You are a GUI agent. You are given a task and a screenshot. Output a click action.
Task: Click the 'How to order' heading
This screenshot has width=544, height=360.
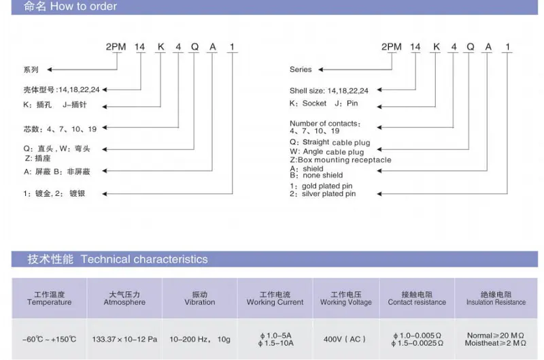pos(83,6)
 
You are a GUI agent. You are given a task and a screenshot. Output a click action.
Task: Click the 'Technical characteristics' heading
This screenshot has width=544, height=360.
pos(144,259)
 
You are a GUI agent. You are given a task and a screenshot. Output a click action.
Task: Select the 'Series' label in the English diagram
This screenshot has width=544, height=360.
pos(301,69)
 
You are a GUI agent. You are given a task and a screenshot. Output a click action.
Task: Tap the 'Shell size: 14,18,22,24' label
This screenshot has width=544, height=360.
pos(329,91)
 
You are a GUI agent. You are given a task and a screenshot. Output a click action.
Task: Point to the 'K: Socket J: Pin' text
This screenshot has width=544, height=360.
pos(324,103)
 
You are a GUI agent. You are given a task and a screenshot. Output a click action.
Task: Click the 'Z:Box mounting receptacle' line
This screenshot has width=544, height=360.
pos(341,160)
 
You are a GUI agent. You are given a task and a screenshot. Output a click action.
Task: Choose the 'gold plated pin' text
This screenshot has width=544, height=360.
pos(327,186)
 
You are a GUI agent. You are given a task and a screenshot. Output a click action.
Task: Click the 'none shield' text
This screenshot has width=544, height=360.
pos(322,176)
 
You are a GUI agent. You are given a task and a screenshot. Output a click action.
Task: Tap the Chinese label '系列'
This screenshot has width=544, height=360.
pos(31,70)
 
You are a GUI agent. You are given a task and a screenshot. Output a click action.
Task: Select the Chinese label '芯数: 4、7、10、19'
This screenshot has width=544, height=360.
pos(60,129)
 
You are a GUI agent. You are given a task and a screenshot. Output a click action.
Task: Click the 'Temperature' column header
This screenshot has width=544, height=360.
pos(49,302)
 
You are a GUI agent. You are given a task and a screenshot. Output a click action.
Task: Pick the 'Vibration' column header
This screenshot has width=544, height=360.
pos(200,302)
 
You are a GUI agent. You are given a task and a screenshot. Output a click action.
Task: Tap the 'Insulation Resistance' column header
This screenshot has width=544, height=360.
pos(496,302)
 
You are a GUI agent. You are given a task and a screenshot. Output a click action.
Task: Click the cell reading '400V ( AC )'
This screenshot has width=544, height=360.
pos(345,339)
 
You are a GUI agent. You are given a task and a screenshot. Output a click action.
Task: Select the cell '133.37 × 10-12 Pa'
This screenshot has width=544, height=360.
pos(124,339)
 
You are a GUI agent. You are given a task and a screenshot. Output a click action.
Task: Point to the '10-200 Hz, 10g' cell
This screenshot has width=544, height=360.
pos(200,339)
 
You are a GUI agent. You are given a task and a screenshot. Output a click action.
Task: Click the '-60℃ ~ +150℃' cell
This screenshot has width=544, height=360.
pos(49,339)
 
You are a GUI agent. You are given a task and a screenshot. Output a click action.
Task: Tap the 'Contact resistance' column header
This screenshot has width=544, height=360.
pos(417,302)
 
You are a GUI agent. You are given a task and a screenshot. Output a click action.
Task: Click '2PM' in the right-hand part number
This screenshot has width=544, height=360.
pos(392,47)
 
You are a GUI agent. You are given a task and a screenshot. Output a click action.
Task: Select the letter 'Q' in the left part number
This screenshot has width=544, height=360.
pos(194,47)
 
